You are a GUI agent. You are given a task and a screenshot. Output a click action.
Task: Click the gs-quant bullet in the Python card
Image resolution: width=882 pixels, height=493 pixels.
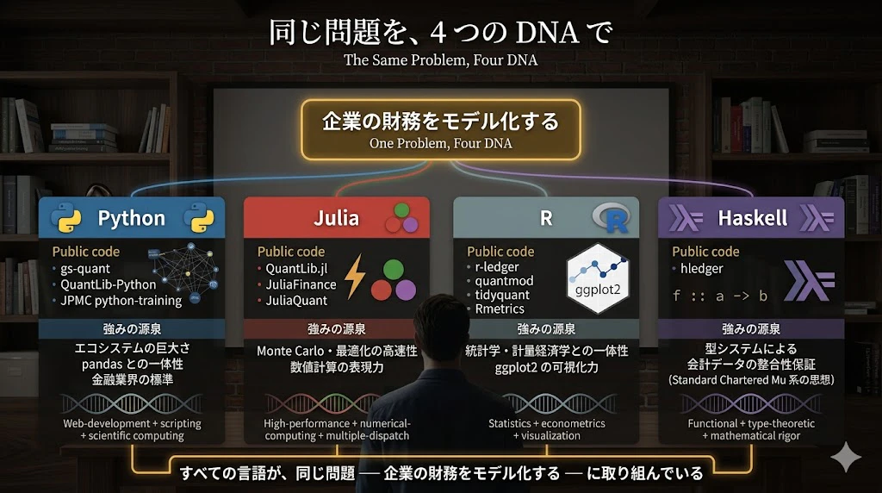(x=85, y=269)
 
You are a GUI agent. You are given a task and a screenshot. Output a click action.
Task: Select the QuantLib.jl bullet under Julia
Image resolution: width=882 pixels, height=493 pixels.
(x=296, y=269)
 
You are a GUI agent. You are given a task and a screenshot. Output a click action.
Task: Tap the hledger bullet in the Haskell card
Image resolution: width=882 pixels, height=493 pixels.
(x=701, y=269)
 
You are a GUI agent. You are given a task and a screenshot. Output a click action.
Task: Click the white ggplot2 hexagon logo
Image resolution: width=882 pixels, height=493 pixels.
(x=598, y=278)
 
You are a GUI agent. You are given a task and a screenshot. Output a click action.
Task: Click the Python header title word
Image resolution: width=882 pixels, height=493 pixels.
(x=132, y=218)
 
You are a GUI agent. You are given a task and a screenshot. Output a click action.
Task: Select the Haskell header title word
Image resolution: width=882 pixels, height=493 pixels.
(x=753, y=218)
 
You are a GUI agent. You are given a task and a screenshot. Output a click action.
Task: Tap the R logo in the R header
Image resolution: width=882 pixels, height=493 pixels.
(x=612, y=217)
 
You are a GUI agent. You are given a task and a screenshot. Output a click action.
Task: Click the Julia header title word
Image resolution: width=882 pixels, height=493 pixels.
(x=337, y=218)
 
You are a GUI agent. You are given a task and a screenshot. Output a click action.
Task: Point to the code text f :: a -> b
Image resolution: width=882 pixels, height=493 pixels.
(x=720, y=296)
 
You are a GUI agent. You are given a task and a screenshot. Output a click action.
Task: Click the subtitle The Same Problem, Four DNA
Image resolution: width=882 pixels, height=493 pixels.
(x=440, y=60)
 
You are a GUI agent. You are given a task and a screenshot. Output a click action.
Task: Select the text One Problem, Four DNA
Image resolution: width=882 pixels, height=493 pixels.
(x=440, y=144)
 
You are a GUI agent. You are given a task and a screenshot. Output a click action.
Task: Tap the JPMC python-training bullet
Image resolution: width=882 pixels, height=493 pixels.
(x=121, y=301)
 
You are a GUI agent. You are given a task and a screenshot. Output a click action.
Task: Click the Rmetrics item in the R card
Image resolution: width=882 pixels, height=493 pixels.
(x=500, y=309)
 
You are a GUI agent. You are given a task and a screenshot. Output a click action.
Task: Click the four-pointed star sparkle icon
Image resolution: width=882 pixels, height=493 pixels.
(x=846, y=457)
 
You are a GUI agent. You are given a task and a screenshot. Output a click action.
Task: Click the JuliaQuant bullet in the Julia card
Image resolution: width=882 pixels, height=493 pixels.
(x=296, y=301)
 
